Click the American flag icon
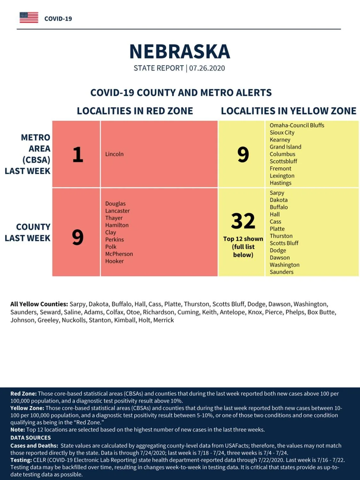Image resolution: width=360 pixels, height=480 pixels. tap(29, 18)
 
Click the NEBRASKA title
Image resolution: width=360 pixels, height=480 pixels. tap(180, 52)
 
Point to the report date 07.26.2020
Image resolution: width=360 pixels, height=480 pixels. tap(207, 68)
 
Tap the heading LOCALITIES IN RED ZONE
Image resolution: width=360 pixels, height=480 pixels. tap(135, 111)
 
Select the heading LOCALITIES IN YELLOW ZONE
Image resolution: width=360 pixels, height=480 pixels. tap(289, 111)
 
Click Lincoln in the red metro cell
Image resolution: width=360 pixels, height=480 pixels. tap(114, 154)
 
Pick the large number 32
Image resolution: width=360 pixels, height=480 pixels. tap(243, 221)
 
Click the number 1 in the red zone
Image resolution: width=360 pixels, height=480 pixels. tap(78, 155)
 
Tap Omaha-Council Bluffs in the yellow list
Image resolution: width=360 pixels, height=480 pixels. tap(297, 125)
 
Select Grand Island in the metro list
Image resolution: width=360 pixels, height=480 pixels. tap(285, 147)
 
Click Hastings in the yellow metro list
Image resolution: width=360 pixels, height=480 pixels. tap(280, 183)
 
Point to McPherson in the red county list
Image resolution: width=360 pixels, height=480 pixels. tap(119, 254)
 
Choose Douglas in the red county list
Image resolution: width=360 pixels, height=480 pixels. tap(116, 204)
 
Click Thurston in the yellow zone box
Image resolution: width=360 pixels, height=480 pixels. tap(281, 236)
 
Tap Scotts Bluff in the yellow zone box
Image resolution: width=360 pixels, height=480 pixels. tap(284, 243)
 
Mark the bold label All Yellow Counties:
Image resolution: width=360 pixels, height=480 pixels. tap(39, 304)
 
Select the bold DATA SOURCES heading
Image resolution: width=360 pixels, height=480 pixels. tap(31, 437)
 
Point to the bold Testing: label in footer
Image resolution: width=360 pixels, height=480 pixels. tap(21, 460)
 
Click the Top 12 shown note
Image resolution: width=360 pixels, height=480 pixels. tap(243, 239)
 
